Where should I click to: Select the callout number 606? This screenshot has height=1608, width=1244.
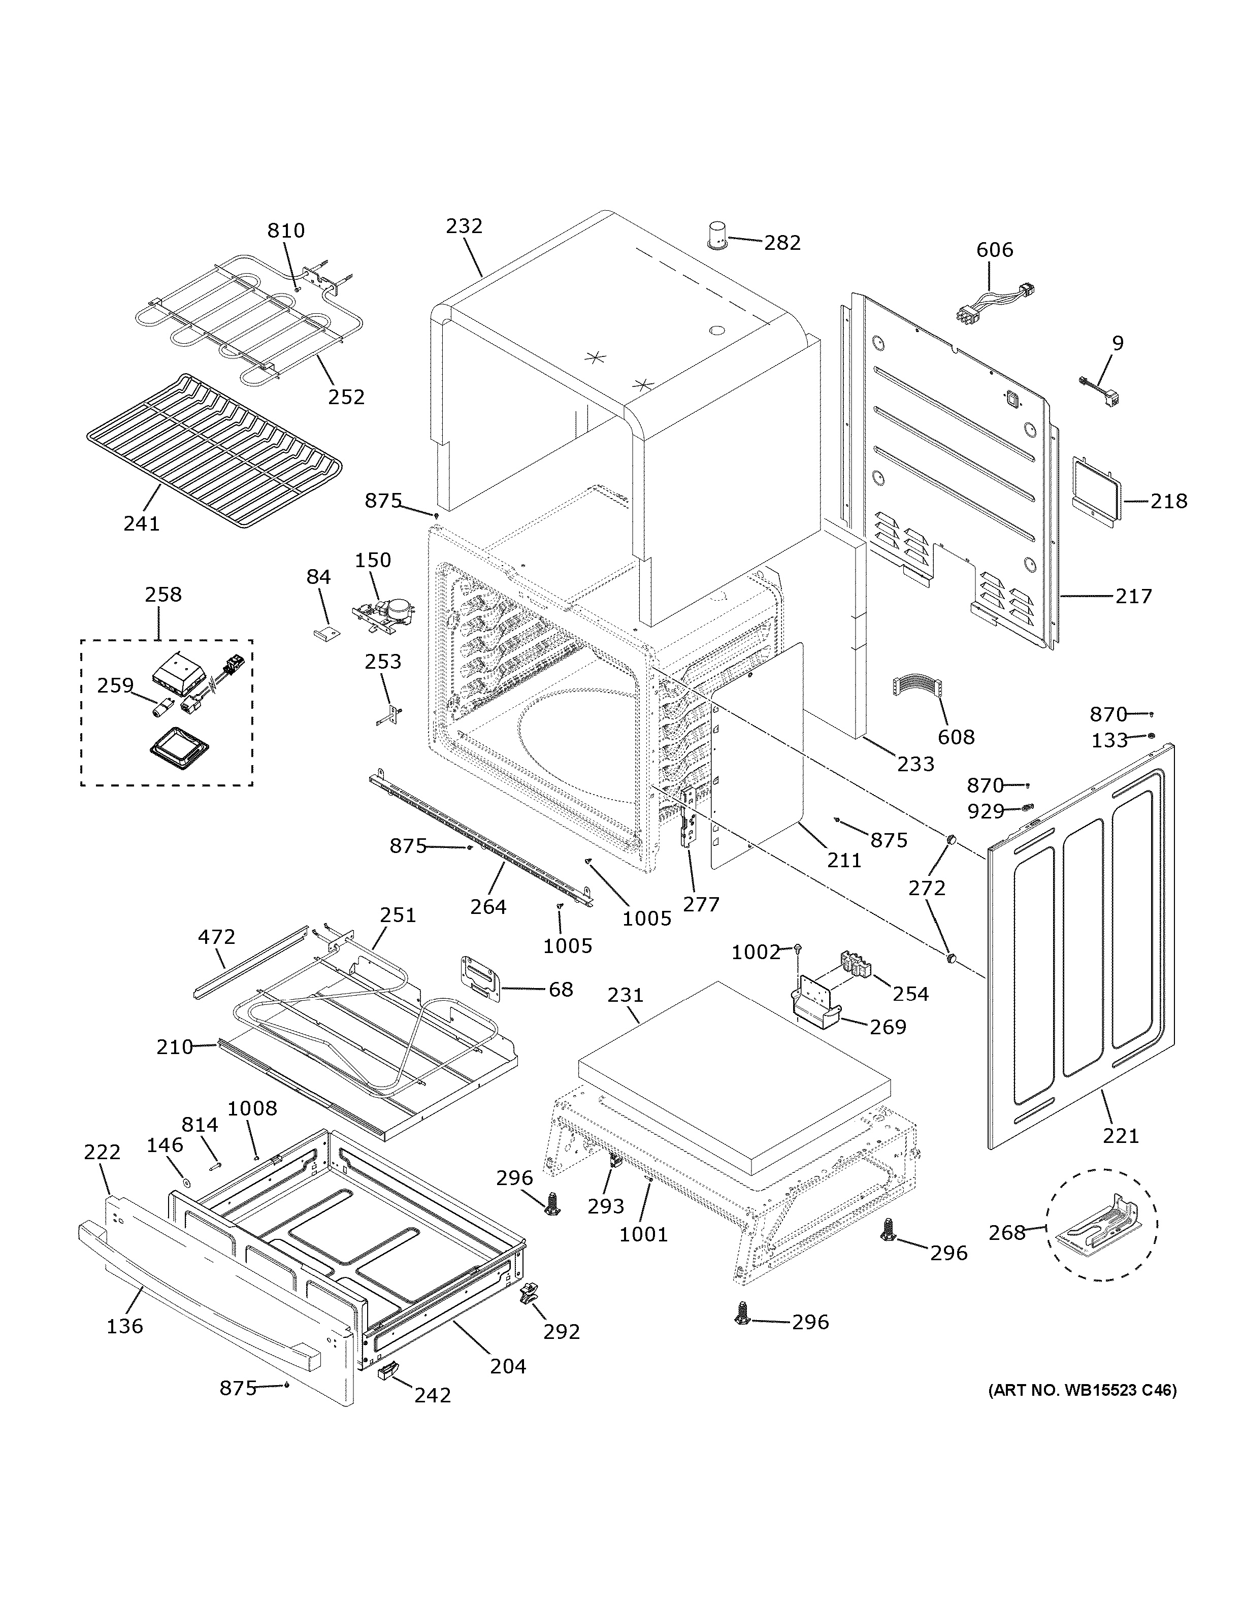(995, 250)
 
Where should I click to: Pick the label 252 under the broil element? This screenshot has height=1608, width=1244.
(346, 397)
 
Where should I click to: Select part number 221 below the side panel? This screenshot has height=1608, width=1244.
(1120, 1136)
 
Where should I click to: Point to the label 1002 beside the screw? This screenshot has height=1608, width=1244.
(755, 952)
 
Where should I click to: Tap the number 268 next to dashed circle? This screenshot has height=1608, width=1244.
(1006, 1232)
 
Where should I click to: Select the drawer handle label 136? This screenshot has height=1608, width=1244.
(124, 1326)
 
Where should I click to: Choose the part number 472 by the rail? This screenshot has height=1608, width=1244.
(216, 937)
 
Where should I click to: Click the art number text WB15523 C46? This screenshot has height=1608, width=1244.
(1082, 1390)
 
